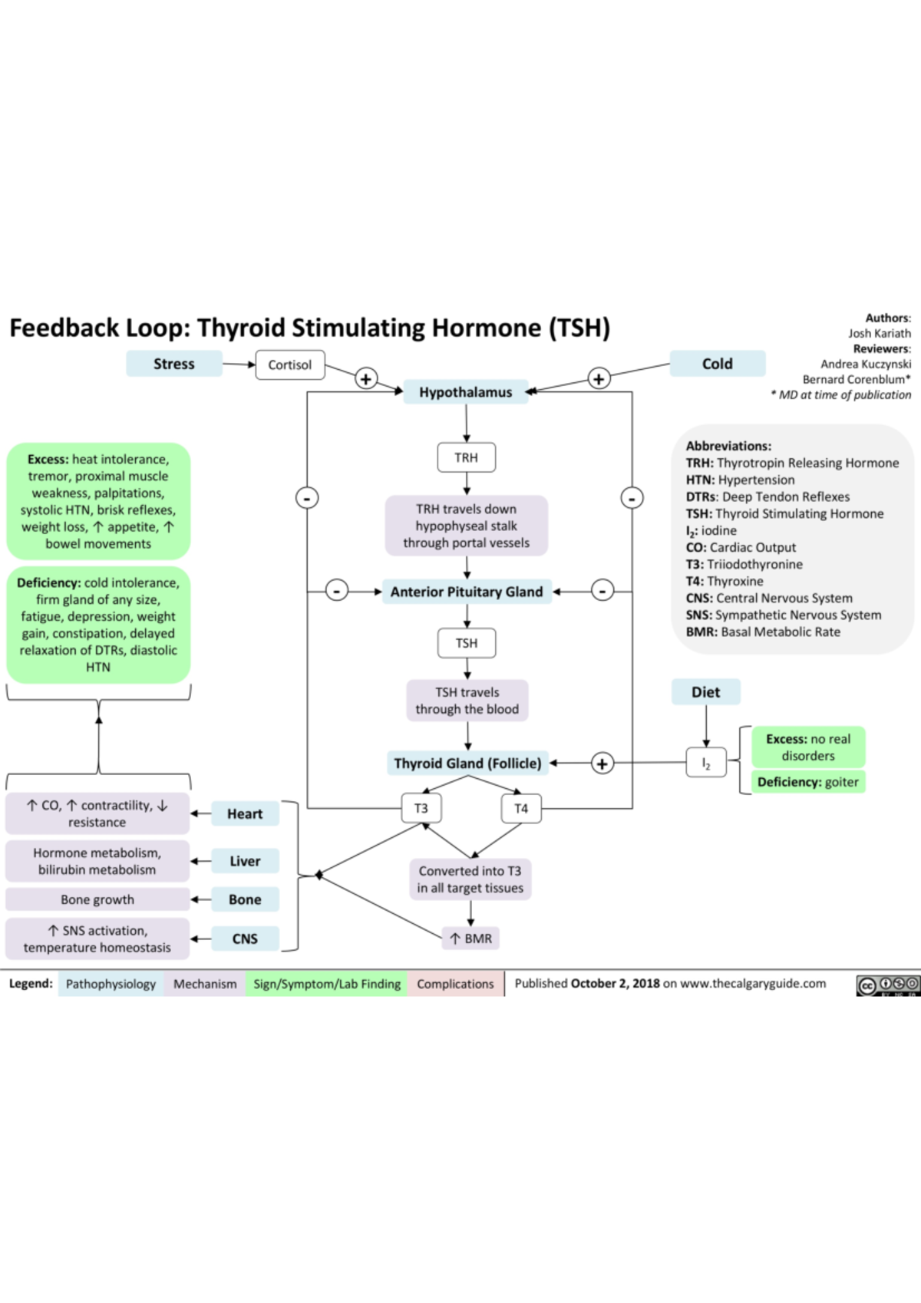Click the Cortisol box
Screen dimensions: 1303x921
pyautogui.click(x=289, y=365)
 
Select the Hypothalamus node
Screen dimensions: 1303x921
pyautogui.click(x=465, y=392)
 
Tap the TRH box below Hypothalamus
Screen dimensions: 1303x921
pyautogui.click(x=466, y=457)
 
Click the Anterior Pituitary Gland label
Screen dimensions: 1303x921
pyautogui.click(x=466, y=592)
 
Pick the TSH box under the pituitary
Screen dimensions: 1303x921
pyautogui.click(x=466, y=643)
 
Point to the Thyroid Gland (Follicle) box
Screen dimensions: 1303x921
pyautogui.click(x=467, y=764)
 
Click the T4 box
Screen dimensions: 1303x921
pyautogui.click(x=521, y=808)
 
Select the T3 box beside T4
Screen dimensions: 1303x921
pyautogui.click(x=421, y=808)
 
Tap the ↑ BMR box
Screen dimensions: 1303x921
pyautogui.click(x=470, y=938)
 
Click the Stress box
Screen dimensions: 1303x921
pyautogui.click(x=174, y=364)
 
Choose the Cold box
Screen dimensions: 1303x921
pyautogui.click(x=717, y=364)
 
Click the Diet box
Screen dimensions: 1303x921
pyautogui.click(x=705, y=692)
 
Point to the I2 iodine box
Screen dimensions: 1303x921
pyautogui.click(x=706, y=764)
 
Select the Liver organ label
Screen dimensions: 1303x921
pyautogui.click(x=245, y=861)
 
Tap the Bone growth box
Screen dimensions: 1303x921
pyautogui.click(x=97, y=899)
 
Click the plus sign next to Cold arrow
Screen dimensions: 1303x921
pyautogui.click(x=599, y=378)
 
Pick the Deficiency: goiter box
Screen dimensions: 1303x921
pyautogui.click(x=807, y=782)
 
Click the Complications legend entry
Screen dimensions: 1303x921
pyautogui.click(x=455, y=984)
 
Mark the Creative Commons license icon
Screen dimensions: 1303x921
pyautogui.click(x=887, y=985)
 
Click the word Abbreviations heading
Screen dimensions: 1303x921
pyautogui.click(x=728, y=446)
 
